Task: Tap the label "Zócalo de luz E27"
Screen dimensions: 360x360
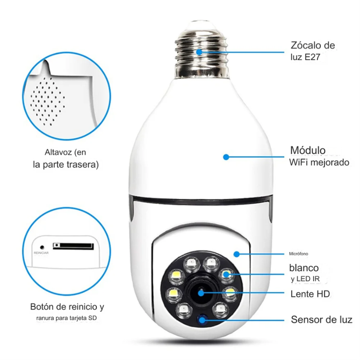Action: click(x=313, y=51)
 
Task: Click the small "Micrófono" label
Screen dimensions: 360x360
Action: click(x=298, y=254)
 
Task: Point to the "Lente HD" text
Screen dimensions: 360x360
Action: click(x=310, y=294)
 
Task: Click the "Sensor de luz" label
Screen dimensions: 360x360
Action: click(x=321, y=320)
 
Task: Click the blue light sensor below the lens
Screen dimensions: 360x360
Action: click(x=202, y=320)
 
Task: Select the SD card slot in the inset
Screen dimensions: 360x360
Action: click(x=74, y=246)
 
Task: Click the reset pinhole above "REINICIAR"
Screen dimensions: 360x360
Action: click(x=42, y=247)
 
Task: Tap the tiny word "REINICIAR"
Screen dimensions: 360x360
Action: click(x=41, y=253)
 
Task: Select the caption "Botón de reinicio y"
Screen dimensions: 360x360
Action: click(x=67, y=307)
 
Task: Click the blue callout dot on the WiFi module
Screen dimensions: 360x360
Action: click(x=226, y=157)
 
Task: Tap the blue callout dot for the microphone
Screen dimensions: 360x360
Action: click(x=237, y=254)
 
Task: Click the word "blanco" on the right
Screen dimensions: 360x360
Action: click(x=304, y=268)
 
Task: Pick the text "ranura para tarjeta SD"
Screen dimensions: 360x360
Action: click(x=67, y=319)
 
